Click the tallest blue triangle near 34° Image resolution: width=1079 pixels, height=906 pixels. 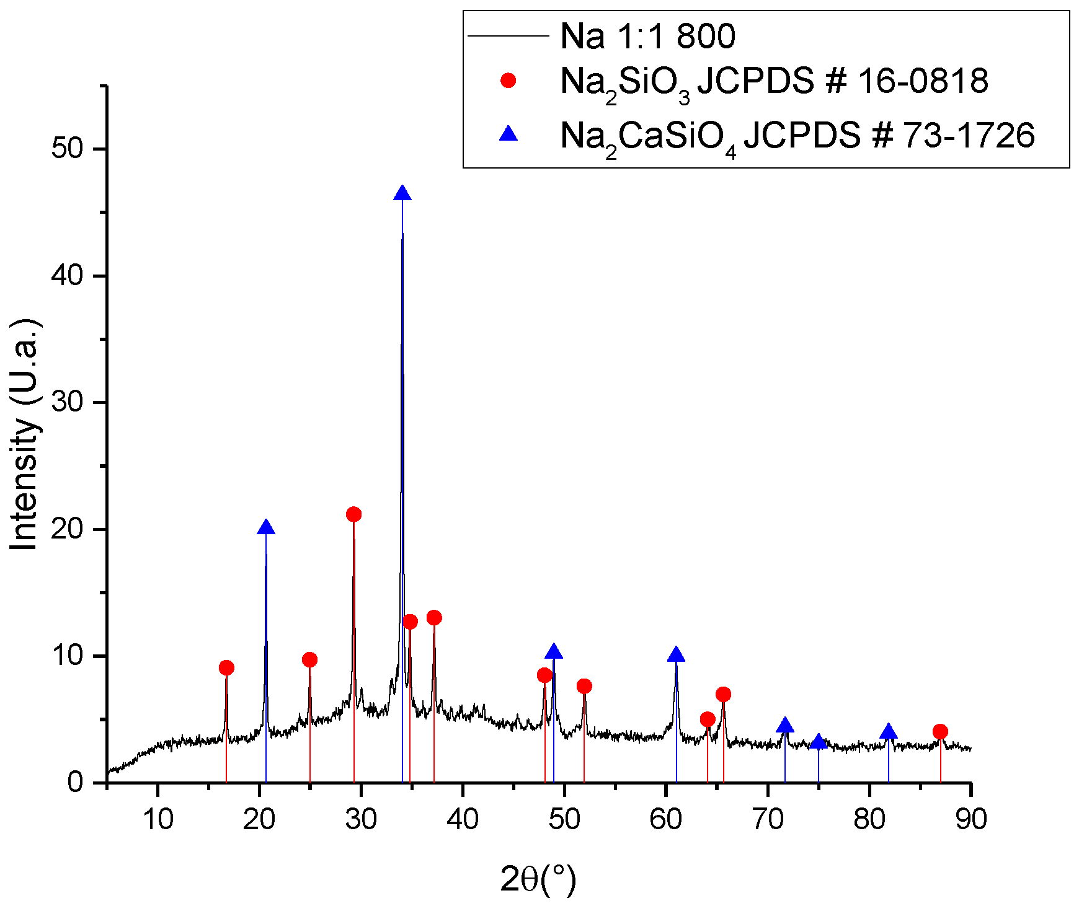[x=402, y=194]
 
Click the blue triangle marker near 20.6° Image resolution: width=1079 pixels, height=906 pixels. [x=266, y=528]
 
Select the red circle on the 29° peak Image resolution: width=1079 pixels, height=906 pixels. [x=354, y=514]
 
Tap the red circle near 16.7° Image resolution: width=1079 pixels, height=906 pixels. [x=226, y=668]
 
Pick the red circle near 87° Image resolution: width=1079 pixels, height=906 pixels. [x=940, y=732]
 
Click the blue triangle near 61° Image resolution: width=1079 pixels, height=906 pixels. [x=676, y=656]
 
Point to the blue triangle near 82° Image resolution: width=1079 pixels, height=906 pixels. [x=889, y=732]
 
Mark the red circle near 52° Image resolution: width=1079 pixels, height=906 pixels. [x=584, y=687]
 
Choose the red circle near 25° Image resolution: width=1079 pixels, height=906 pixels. [x=309, y=660]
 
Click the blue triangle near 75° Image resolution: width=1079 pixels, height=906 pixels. [x=819, y=742]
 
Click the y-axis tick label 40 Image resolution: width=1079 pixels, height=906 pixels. [x=68, y=276]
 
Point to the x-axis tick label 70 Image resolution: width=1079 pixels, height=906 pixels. [x=768, y=820]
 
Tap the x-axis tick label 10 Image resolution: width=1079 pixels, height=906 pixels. [x=158, y=820]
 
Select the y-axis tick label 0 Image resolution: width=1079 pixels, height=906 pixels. [x=76, y=783]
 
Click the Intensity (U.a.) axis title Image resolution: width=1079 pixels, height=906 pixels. [x=25, y=434]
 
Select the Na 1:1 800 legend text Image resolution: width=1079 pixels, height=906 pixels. [x=647, y=36]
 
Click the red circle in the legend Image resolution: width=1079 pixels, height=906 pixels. [x=508, y=81]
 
